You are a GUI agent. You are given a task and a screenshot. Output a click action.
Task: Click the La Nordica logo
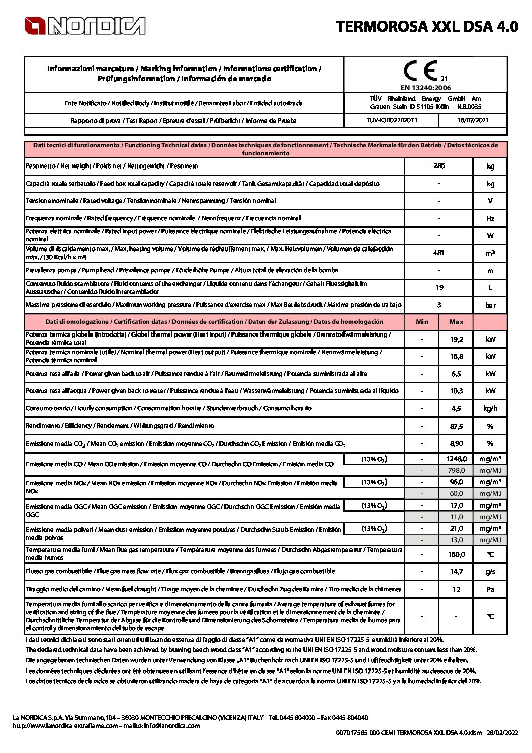click(x=84, y=26)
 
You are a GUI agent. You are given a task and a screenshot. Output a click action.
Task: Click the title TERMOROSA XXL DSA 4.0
click(x=427, y=26)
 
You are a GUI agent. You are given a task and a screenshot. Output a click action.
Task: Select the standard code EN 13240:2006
click(x=425, y=88)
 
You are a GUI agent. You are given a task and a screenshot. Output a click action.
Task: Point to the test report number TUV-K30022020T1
click(x=392, y=120)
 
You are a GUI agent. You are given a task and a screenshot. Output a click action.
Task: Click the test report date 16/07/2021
click(x=473, y=120)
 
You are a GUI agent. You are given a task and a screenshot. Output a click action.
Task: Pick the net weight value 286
click(x=439, y=165)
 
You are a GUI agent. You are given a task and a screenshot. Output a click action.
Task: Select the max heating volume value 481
click(x=439, y=253)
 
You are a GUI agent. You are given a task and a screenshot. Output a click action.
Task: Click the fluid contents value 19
click(x=439, y=287)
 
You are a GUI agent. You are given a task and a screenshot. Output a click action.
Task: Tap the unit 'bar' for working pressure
click(x=490, y=305)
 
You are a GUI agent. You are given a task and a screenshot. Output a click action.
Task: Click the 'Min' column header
click(x=422, y=322)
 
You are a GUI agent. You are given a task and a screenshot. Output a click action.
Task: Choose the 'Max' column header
click(x=456, y=322)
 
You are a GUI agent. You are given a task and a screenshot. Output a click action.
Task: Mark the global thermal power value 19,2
click(x=456, y=339)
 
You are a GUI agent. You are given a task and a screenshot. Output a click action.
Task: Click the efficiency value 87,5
click(x=456, y=426)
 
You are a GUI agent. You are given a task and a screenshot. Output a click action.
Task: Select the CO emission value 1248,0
click(x=456, y=459)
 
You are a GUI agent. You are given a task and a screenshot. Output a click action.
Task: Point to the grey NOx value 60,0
click(x=456, y=493)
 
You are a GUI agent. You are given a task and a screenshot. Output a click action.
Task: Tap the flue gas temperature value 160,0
click(x=456, y=554)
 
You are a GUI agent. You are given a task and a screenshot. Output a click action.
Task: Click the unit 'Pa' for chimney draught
click(x=490, y=589)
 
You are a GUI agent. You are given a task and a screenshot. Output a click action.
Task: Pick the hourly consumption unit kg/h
click(x=490, y=408)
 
